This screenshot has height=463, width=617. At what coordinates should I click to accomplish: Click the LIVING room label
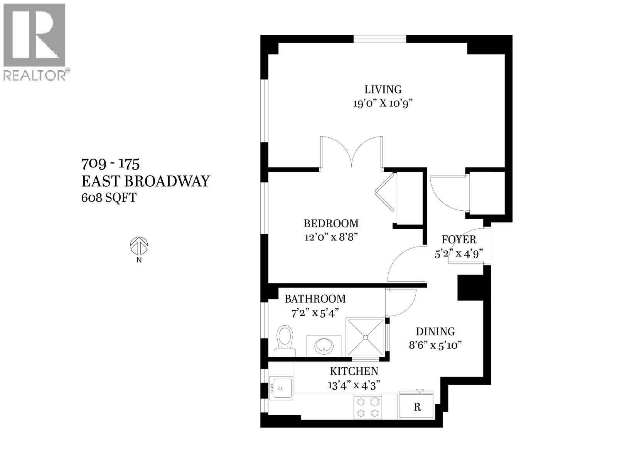tap(383, 90)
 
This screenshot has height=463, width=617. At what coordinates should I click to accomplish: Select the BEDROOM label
tap(331, 223)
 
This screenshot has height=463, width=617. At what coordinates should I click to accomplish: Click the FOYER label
tap(459, 240)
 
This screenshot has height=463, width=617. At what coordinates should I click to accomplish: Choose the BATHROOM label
tap(315, 299)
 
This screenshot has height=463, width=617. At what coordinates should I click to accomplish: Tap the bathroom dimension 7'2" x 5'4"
tap(315, 313)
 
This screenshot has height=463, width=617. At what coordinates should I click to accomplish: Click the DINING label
tap(435, 331)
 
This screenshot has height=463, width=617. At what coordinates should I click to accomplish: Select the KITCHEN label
tap(354, 371)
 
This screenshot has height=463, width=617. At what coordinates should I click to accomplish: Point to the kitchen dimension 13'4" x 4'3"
tap(354, 385)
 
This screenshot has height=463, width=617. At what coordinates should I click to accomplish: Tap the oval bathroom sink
tap(324, 346)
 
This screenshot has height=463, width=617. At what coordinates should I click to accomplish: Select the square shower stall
tap(365, 337)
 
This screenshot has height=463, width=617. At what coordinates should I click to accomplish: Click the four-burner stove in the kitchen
tap(368, 407)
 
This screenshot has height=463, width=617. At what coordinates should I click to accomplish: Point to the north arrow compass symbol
tap(139, 246)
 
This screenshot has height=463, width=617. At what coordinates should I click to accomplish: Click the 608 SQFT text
tap(109, 198)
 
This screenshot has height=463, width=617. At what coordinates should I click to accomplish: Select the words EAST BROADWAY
tap(145, 181)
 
